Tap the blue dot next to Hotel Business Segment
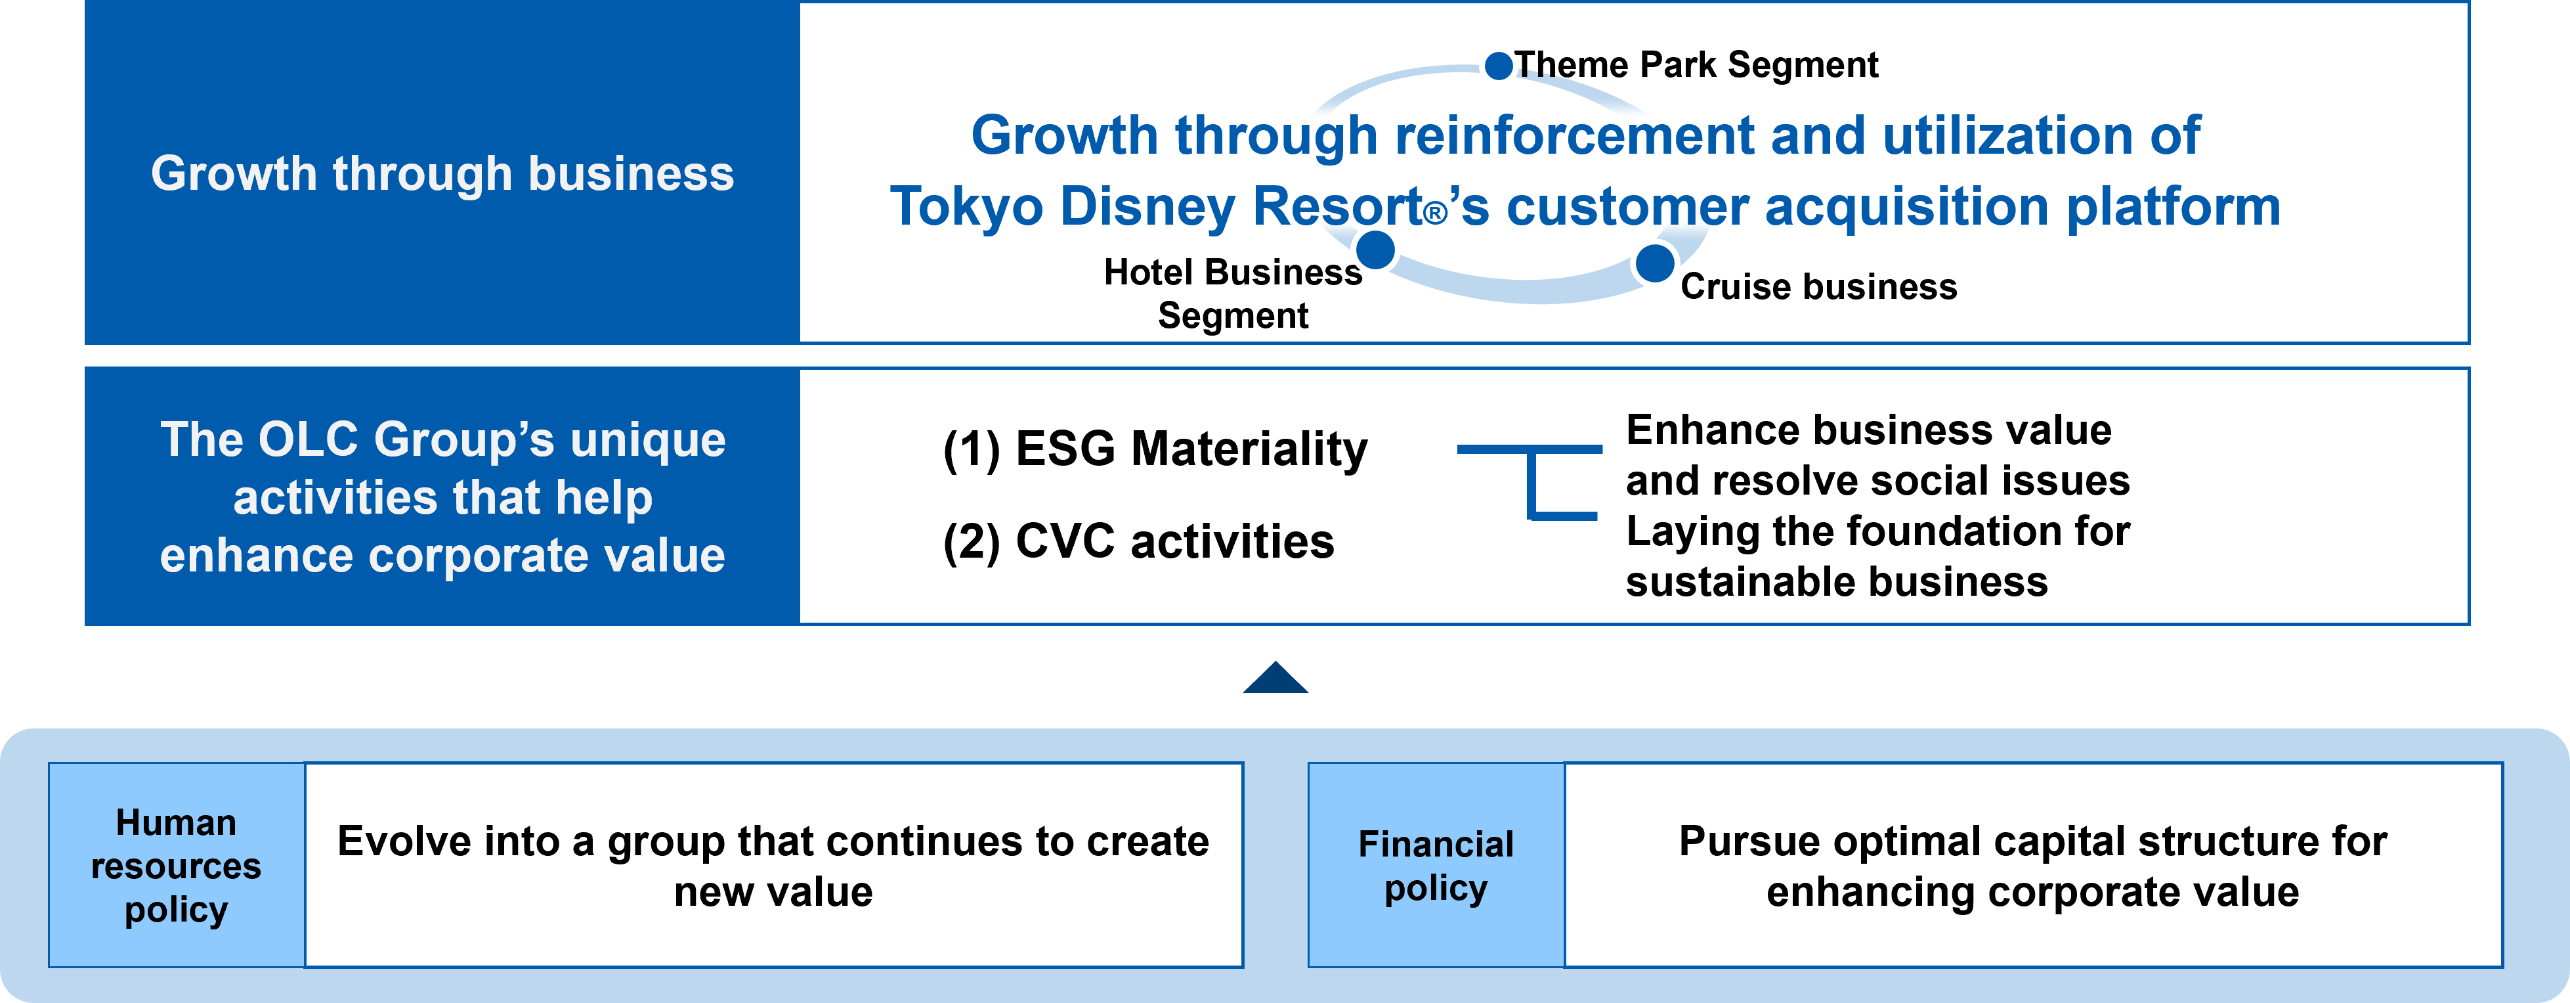click(1376, 250)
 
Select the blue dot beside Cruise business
click(1654, 263)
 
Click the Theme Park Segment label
click(1696, 65)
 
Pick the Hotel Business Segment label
click(1233, 294)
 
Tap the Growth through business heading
click(442, 173)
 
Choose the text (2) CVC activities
click(1138, 542)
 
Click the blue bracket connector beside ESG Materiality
click(1530, 481)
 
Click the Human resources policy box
click(177, 865)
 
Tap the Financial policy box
click(1436, 865)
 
